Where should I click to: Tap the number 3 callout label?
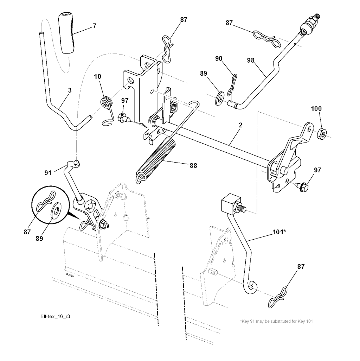coord(70,90)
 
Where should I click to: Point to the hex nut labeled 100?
coord(322,133)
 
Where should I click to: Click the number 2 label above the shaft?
coord(240,125)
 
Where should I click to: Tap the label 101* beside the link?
coord(280,232)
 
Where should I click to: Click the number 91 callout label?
coord(48,173)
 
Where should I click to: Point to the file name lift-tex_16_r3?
coord(56,316)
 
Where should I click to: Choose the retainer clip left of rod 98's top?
coord(266,38)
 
